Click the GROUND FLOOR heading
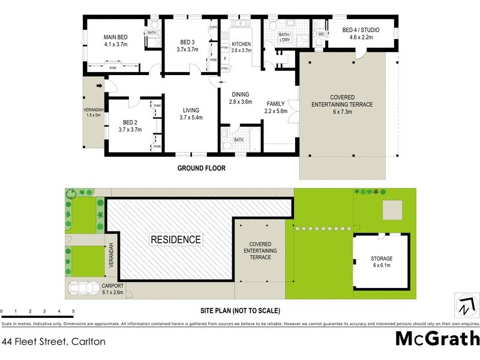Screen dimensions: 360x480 [x=201, y=169]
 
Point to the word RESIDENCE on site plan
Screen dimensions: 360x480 [x=176, y=239]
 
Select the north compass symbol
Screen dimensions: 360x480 [x=465, y=305]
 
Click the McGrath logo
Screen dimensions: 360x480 [x=437, y=339]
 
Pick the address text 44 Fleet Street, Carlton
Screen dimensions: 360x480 [x=54, y=342]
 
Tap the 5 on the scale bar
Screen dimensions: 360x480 [x=73, y=311]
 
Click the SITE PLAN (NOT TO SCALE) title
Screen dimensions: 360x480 [x=240, y=311]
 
